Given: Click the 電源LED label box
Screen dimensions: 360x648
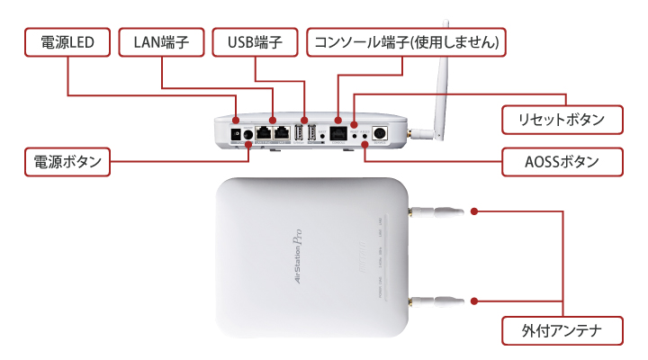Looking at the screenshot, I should pyautogui.click(x=67, y=42).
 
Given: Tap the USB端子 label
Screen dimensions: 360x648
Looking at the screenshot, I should pyautogui.click(x=256, y=42).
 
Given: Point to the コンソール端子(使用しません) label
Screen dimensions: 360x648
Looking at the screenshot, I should pyautogui.click(x=406, y=42).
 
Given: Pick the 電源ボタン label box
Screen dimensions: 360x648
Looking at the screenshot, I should pyautogui.click(x=68, y=162).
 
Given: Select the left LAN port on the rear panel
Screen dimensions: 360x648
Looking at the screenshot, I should pyautogui.click(x=262, y=133).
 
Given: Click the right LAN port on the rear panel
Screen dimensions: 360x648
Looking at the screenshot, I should pyautogui.click(x=281, y=133).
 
